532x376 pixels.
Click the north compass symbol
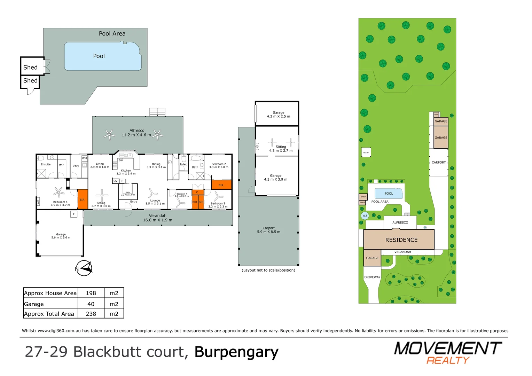click(x=84, y=268)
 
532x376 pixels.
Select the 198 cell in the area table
click(x=91, y=293)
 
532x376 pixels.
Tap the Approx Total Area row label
click(x=49, y=314)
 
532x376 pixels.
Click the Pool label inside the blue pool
click(x=99, y=56)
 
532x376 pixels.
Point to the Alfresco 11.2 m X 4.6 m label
click(x=136, y=133)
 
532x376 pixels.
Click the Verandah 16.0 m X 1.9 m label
click(x=157, y=218)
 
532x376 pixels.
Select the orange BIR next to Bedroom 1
click(x=82, y=199)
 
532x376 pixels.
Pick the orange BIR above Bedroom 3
click(x=221, y=185)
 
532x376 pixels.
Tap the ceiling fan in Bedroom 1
click(x=58, y=192)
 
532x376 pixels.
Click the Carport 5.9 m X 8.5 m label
click(x=268, y=230)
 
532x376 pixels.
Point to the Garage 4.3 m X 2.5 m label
click(x=278, y=114)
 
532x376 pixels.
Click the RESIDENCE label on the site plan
click(x=401, y=240)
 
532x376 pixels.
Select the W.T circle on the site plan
click(x=365, y=216)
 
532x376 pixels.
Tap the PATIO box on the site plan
click(x=366, y=152)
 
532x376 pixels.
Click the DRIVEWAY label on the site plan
click(x=372, y=277)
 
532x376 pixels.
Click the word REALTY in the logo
click(x=448, y=360)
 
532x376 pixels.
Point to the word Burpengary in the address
click(x=236, y=352)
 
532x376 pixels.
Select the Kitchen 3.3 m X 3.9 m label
click(x=126, y=172)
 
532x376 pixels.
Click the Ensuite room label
click(x=46, y=164)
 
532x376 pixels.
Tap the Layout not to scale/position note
click(x=268, y=270)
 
